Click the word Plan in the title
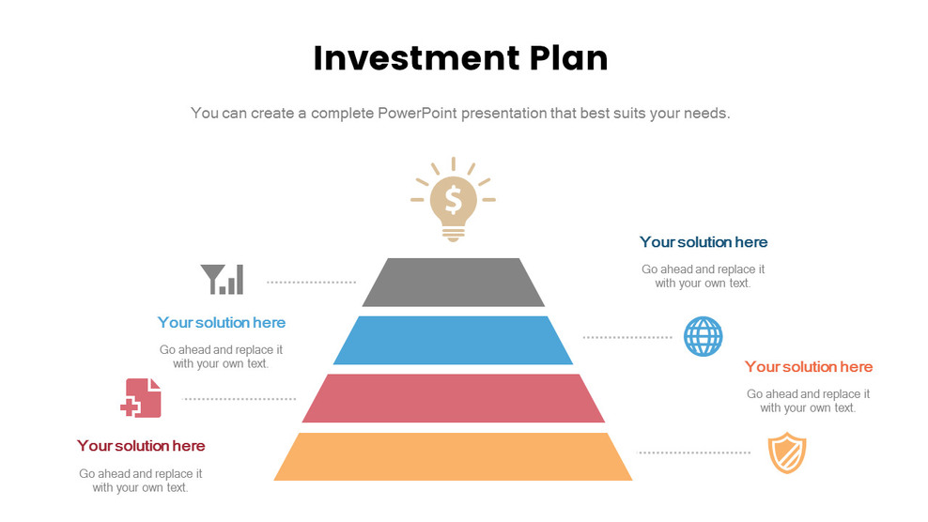click(567, 58)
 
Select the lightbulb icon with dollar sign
click(453, 199)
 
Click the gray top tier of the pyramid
click(453, 282)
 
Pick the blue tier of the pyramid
click(453, 340)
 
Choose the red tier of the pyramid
click(453, 398)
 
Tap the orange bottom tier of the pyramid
click(453, 456)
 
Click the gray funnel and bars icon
click(222, 280)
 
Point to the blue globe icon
click(703, 336)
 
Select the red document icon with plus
click(141, 397)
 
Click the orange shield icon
click(786, 453)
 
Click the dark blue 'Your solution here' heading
click(704, 242)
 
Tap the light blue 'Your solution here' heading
click(222, 323)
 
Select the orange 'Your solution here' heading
click(809, 367)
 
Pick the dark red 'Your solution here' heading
click(141, 446)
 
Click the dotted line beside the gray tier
click(311, 282)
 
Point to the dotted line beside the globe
click(627, 336)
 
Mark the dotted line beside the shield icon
click(694, 453)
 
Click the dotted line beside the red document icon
click(240, 399)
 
